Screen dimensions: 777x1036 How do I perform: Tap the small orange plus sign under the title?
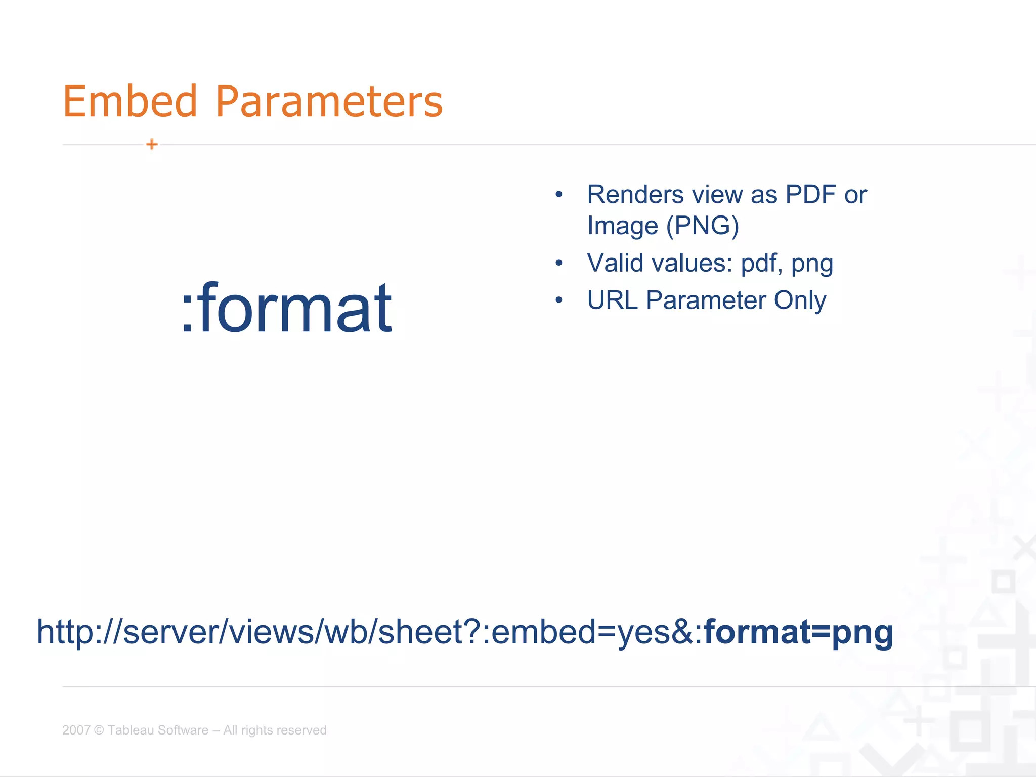point(152,144)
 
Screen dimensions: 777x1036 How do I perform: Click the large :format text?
point(286,309)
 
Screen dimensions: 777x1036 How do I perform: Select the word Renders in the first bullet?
point(635,195)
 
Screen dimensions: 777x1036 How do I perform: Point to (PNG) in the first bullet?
point(703,226)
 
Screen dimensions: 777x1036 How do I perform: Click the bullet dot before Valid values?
point(558,263)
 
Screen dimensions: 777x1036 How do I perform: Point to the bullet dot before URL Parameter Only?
point(558,300)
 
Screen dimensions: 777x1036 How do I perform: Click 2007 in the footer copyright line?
point(76,730)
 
